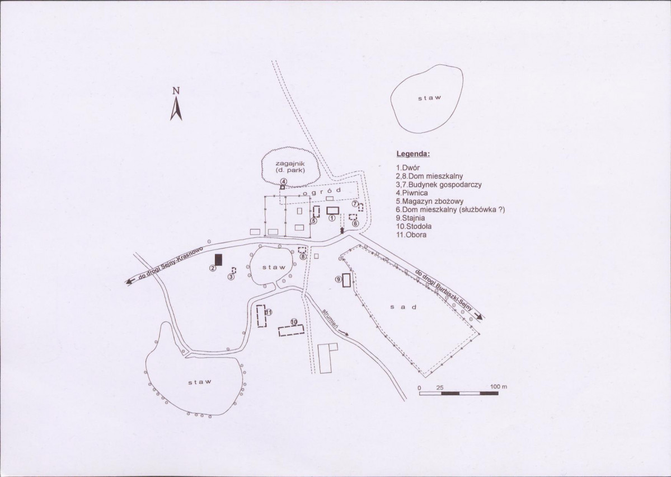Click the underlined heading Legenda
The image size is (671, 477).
click(413, 154)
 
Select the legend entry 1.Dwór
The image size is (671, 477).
click(408, 168)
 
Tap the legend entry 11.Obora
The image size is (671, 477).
click(411, 235)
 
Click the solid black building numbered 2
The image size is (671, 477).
click(219, 260)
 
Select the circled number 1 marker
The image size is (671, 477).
click(332, 218)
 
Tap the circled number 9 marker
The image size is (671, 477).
click(337, 279)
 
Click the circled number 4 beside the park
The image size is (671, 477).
click(283, 181)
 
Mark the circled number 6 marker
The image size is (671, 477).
click(355, 223)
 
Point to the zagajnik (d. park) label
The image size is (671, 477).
click(290, 167)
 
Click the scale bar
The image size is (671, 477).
click(459, 393)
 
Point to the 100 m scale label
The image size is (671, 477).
click(499, 387)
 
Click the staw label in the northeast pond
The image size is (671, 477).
click(429, 97)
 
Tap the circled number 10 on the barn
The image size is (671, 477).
click(294, 321)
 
